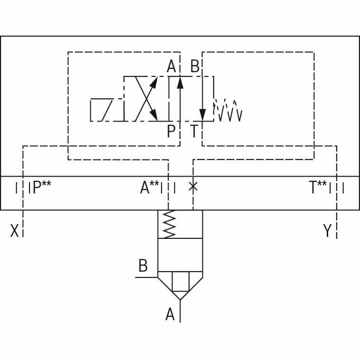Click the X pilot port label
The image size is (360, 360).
(15, 231)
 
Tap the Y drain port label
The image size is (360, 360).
(327, 231)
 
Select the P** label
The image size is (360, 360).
(42, 188)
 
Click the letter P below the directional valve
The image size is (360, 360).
(171, 131)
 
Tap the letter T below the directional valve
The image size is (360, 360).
(194, 131)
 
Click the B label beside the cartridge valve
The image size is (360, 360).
(142, 266)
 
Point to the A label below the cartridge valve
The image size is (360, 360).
(170, 314)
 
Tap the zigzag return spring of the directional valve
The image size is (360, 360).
(228, 110)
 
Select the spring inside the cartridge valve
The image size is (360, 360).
(170, 224)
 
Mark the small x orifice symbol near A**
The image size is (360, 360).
(193, 186)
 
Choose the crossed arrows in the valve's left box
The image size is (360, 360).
(146, 98)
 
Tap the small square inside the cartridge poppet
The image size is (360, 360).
(180, 282)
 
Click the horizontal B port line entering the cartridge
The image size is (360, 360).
(146, 276)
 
